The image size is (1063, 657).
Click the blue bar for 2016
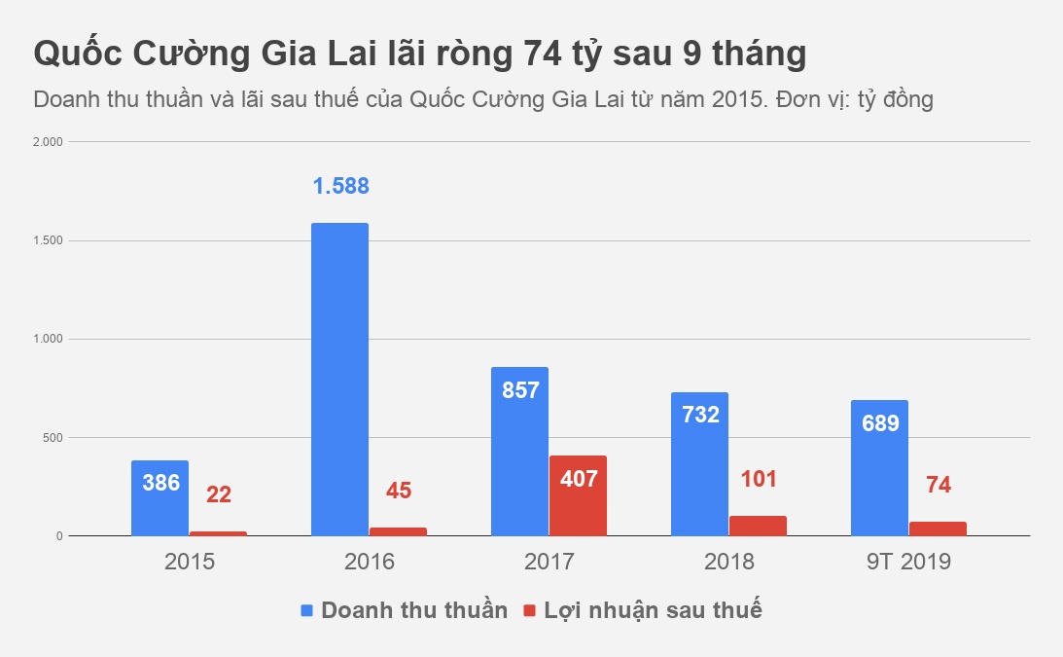pos(339,380)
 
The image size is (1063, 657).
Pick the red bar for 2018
pos(758,526)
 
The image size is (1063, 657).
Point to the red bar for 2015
pos(218,533)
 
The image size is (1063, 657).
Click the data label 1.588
pos(340,186)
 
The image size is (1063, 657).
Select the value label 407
pos(578,479)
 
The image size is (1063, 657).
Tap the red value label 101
pos(758,479)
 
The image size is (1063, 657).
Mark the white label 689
pos(879,423)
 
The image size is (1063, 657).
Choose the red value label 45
pos(399,491)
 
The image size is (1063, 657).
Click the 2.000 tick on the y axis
pos(48,142)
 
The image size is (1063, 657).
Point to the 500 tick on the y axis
pos(52,438)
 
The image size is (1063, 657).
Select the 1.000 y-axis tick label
pos(48,340)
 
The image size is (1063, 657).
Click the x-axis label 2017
pos(549,563)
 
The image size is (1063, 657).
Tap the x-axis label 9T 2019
pos(908,563)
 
